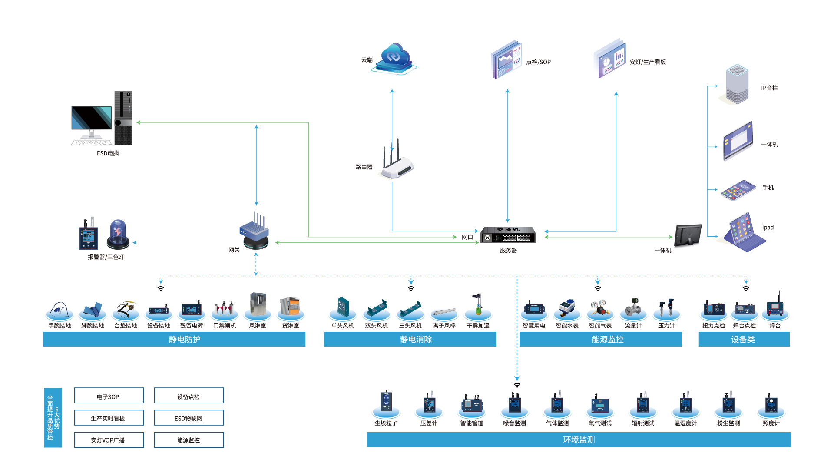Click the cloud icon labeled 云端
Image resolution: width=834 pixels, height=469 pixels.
pos(394,58)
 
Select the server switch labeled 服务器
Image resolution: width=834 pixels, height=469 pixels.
pos(508,235)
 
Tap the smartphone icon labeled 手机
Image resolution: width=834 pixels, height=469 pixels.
pos(738,190)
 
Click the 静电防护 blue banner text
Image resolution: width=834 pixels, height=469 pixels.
pos(185,340)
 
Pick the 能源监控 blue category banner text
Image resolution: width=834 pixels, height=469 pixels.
pos(607,340)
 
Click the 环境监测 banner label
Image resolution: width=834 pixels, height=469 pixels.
pos(579,440)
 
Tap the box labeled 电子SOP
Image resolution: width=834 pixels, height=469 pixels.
pos(109,396)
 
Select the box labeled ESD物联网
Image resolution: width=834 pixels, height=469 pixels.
pos(189,418)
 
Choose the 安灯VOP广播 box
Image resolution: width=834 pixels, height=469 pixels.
pos(109,440)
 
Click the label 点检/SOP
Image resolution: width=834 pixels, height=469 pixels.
pos(538,62)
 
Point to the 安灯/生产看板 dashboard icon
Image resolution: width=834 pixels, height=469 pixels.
pos(611,59)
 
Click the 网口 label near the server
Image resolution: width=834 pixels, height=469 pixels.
pos(467,237)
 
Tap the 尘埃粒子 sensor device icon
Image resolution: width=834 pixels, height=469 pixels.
pos(386,401)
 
